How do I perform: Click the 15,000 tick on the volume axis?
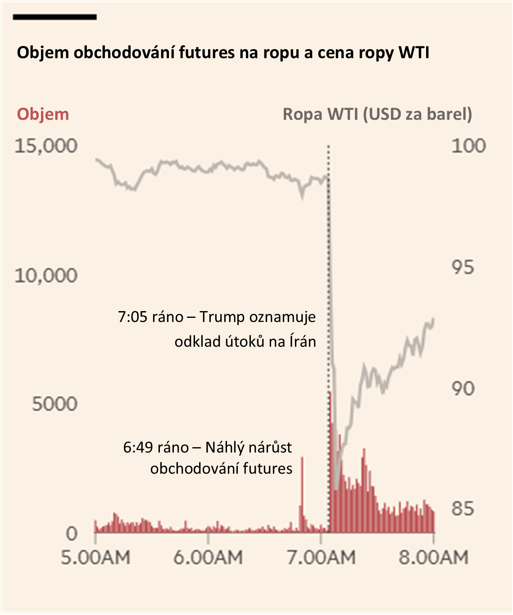click(x=46, y=146)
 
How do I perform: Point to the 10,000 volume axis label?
click(x=46, y=275)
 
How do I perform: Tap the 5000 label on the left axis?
click(x=54, y=404)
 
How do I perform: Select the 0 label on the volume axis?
click(x=72, y=534)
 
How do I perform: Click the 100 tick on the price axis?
click(x=468, y=146)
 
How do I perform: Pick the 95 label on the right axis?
click(x=463, y=267)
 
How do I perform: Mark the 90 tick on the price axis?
click(x=463, y=389)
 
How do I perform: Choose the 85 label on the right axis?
click(x=463, y=509)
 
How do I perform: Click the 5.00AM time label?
click(x=95, y=558)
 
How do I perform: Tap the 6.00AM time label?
click(x=208, y=558)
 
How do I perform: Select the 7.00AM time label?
click(x=321, y=558)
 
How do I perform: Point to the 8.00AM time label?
click(x=433, y=558)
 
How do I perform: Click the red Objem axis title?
click(x=43, y=114)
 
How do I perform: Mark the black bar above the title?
click(x=55, y=17)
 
